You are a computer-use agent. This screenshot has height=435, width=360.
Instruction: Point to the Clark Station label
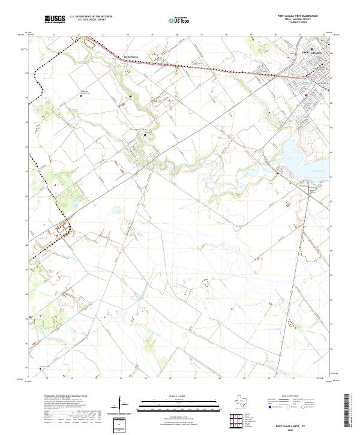(130, 57)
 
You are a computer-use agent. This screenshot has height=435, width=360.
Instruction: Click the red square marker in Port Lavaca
(305, 95)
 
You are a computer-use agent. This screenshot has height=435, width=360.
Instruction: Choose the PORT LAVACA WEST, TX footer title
(287, 424)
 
